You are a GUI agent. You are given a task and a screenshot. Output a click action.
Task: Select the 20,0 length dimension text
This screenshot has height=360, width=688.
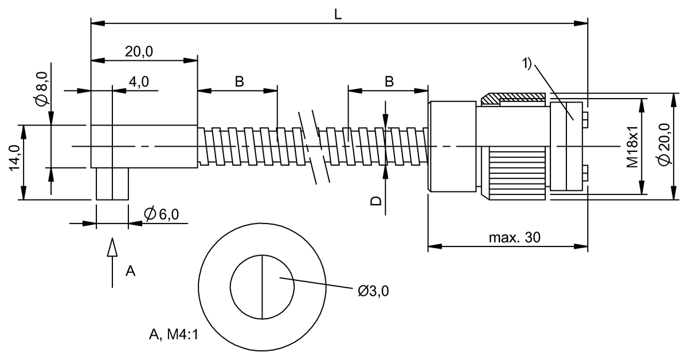pyautogui.click(x=139, y=52)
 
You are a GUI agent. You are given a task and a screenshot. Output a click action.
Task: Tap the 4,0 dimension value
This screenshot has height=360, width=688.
pyautogui.click(x=138, y=82)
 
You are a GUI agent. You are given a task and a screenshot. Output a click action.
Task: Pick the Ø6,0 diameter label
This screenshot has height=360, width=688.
pyautogui.click(x=162, y=214)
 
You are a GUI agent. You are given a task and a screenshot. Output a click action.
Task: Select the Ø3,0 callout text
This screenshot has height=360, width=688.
pyautogui.click(x=373, y=291)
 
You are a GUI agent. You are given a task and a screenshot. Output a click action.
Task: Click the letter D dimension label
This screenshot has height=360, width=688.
pyautogui.click(x=376, y=201)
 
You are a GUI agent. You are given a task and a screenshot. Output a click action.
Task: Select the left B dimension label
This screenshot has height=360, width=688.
pyautogui.click(x=239, y=81)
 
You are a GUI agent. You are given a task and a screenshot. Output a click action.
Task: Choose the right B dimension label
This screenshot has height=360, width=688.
pyautogui.click(x=389, y=81)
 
